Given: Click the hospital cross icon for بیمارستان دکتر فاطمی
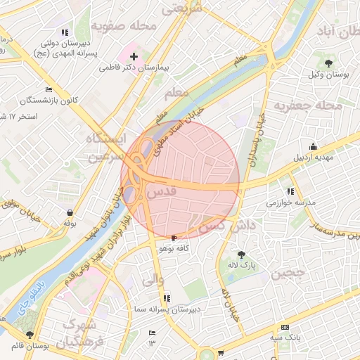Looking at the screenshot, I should coord(134,55).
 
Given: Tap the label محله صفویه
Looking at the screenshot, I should coord(128,27).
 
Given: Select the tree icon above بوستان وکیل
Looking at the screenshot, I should coord(328,64).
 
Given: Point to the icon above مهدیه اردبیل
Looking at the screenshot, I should coord(313,146).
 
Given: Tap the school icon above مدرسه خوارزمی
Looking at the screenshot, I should coord(290,191).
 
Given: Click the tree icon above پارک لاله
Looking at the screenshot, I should coord(242,255).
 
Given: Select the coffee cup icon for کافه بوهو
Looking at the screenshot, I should coord(174,238).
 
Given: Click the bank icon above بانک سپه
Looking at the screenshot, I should coord(284,328).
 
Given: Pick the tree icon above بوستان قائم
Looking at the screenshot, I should coord(30,335).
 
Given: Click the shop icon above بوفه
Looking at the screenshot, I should coord(70,212).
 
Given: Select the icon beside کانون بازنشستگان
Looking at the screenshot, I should coord(48,89).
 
